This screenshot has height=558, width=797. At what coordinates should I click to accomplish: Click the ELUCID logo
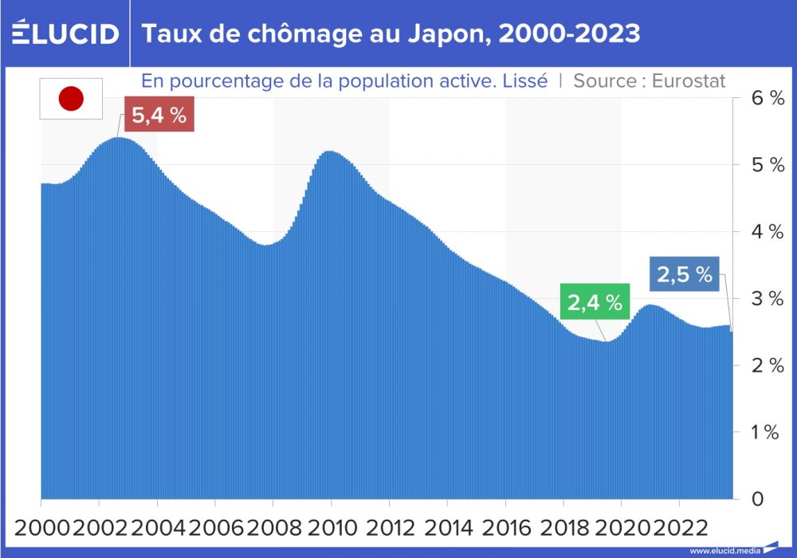point(65,33)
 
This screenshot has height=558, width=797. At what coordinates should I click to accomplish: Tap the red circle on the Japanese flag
point(72,99)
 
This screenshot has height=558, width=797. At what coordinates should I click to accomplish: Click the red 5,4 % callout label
point(159,116)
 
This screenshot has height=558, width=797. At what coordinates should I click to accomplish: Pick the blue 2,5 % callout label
point(684,275)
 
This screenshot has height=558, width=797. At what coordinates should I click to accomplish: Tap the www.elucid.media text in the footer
point(724,551)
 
